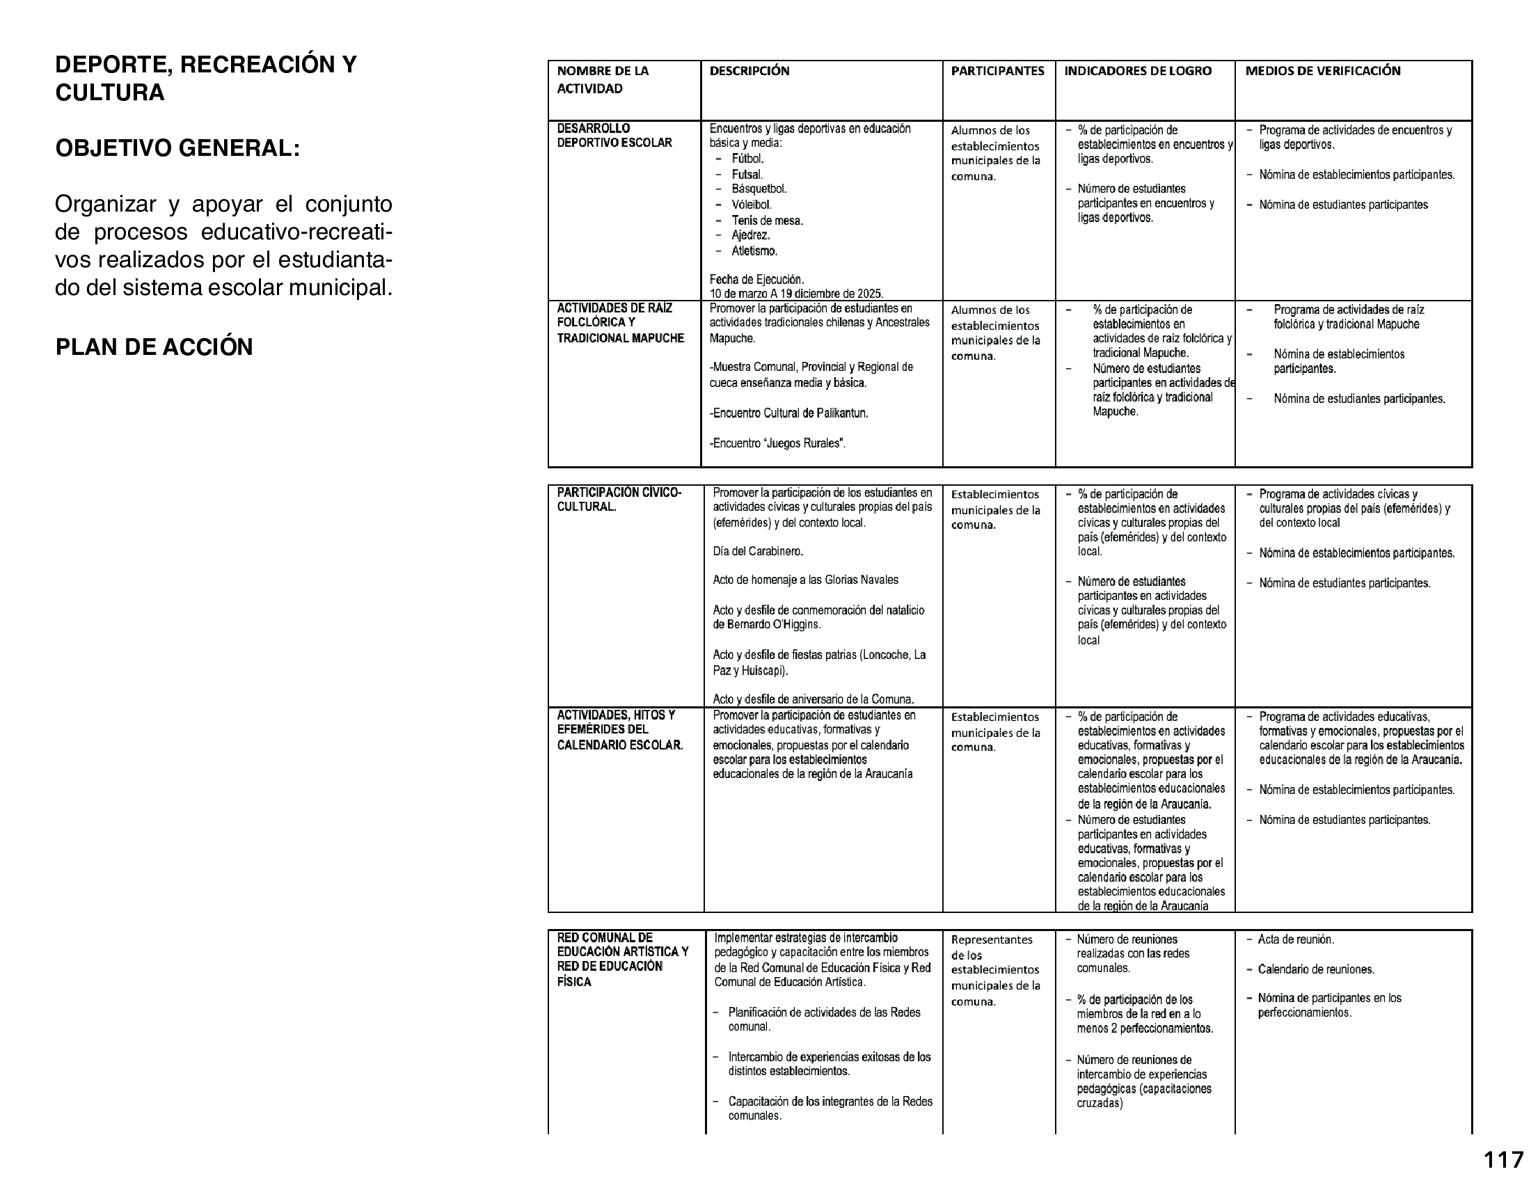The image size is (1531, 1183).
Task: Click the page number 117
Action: tap(1503, 1161)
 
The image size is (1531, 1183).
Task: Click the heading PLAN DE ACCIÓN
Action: tap(154, 347)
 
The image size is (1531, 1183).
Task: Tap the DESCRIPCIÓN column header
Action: tap(749, 71)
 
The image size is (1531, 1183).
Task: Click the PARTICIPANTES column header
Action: tap(997, 71)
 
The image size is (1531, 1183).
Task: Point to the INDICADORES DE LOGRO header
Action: tap(1137, 71)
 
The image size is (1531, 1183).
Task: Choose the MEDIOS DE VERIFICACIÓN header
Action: tap(1322, 71)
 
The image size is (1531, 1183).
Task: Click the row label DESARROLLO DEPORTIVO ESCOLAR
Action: tap(614, 135)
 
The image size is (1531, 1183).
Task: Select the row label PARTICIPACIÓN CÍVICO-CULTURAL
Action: tap(618, 500)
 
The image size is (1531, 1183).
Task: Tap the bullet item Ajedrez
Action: tap(750, 235)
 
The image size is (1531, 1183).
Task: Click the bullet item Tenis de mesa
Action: tap(767, 221)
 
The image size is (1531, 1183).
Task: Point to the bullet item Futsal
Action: tap(747, 175)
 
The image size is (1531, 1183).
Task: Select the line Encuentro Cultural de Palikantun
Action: tap(788, 413)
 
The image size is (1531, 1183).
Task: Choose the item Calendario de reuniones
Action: tap(1315, 970)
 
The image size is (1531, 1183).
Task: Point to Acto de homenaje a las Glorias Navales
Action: tap(804, 580)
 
